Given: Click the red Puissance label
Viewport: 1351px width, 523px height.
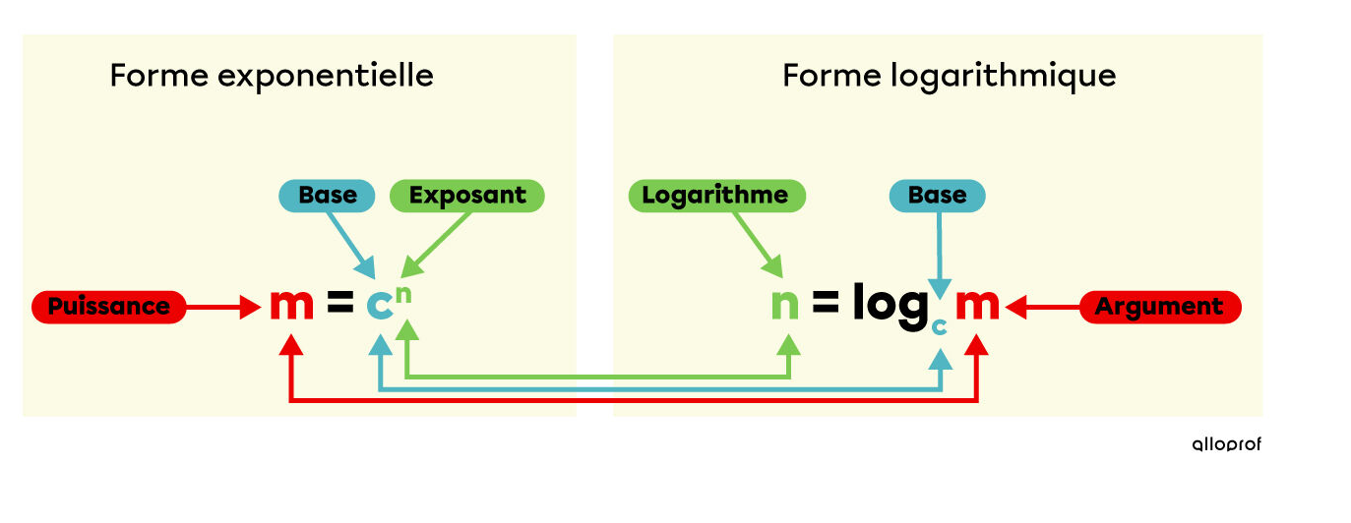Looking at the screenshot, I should (108, 307).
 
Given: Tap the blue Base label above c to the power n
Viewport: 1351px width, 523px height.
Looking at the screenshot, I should (328, 196).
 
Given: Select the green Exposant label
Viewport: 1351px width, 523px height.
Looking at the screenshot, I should (467, 196).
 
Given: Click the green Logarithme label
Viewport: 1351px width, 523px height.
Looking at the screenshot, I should (715, 196).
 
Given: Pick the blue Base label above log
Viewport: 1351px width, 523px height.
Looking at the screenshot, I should (937, 196).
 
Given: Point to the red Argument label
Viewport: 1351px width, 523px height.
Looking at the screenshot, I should (1160, 307).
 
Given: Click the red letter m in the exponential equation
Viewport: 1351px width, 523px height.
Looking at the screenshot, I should (291, 306).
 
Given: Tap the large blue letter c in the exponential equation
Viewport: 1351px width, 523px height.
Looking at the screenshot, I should (379, 307).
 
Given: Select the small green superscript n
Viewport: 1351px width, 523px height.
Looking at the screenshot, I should (405, 290).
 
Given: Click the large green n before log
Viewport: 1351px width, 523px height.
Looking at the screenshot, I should (785, 306).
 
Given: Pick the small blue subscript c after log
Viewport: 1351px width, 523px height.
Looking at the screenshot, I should (940, 326).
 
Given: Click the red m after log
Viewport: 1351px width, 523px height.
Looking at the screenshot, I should (977, 306).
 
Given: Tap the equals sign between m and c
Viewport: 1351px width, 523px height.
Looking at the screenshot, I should (339, 306).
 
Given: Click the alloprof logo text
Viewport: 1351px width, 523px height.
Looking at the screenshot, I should (1226, 444).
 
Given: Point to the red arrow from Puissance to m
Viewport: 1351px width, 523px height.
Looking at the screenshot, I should (221, 308).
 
